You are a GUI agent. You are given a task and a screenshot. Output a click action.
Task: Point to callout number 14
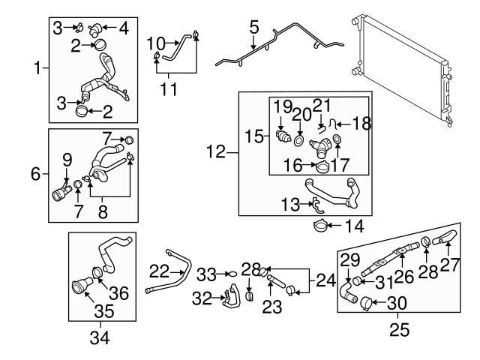[x=354, y=224]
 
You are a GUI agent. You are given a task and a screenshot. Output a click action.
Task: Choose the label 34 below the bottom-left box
[x=100, y=338]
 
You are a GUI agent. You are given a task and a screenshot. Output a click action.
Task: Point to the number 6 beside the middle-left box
[x=35, y=174]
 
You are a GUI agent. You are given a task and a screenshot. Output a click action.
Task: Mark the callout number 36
[x=119, y=292]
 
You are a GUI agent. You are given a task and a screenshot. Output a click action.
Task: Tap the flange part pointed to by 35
[x=79, y=289]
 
